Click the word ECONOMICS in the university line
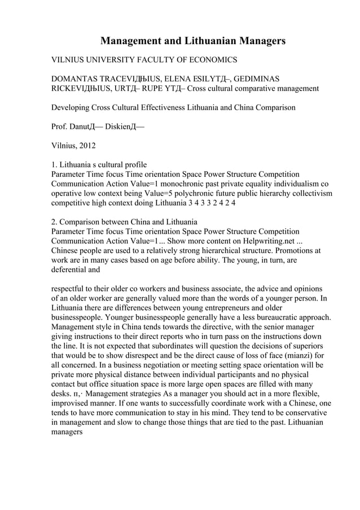(210, 59)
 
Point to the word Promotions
(300, 250)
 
